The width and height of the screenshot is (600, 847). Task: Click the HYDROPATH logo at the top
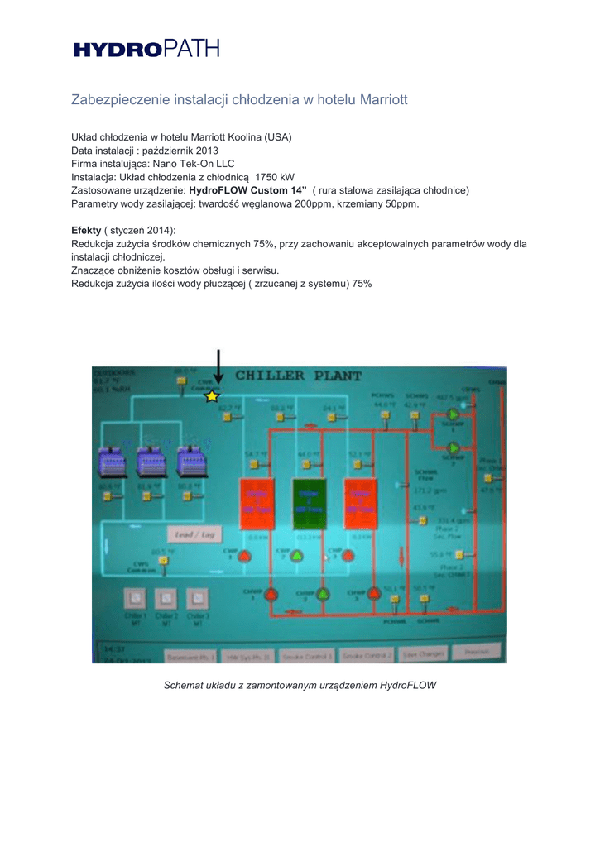tap(147, 50)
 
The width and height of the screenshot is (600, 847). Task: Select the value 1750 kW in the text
tap(276, 176)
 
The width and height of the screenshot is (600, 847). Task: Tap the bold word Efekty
tap(86, 230)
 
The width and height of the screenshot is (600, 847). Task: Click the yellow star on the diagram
tap(212, 396)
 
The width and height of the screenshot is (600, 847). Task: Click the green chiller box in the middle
tap(310, 504)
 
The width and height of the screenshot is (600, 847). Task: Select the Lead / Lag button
tap(194, 534)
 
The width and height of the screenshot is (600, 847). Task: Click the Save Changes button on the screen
tap(424, 654)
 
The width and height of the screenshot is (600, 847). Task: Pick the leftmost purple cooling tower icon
tap(112, 460)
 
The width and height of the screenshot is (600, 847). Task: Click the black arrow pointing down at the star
tap(218, 366)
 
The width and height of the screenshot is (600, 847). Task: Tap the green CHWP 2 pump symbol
tap(296, 557)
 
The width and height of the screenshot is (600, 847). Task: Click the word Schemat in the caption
tap(184, 686)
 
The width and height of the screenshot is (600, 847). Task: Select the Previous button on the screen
tap(476, 653)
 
